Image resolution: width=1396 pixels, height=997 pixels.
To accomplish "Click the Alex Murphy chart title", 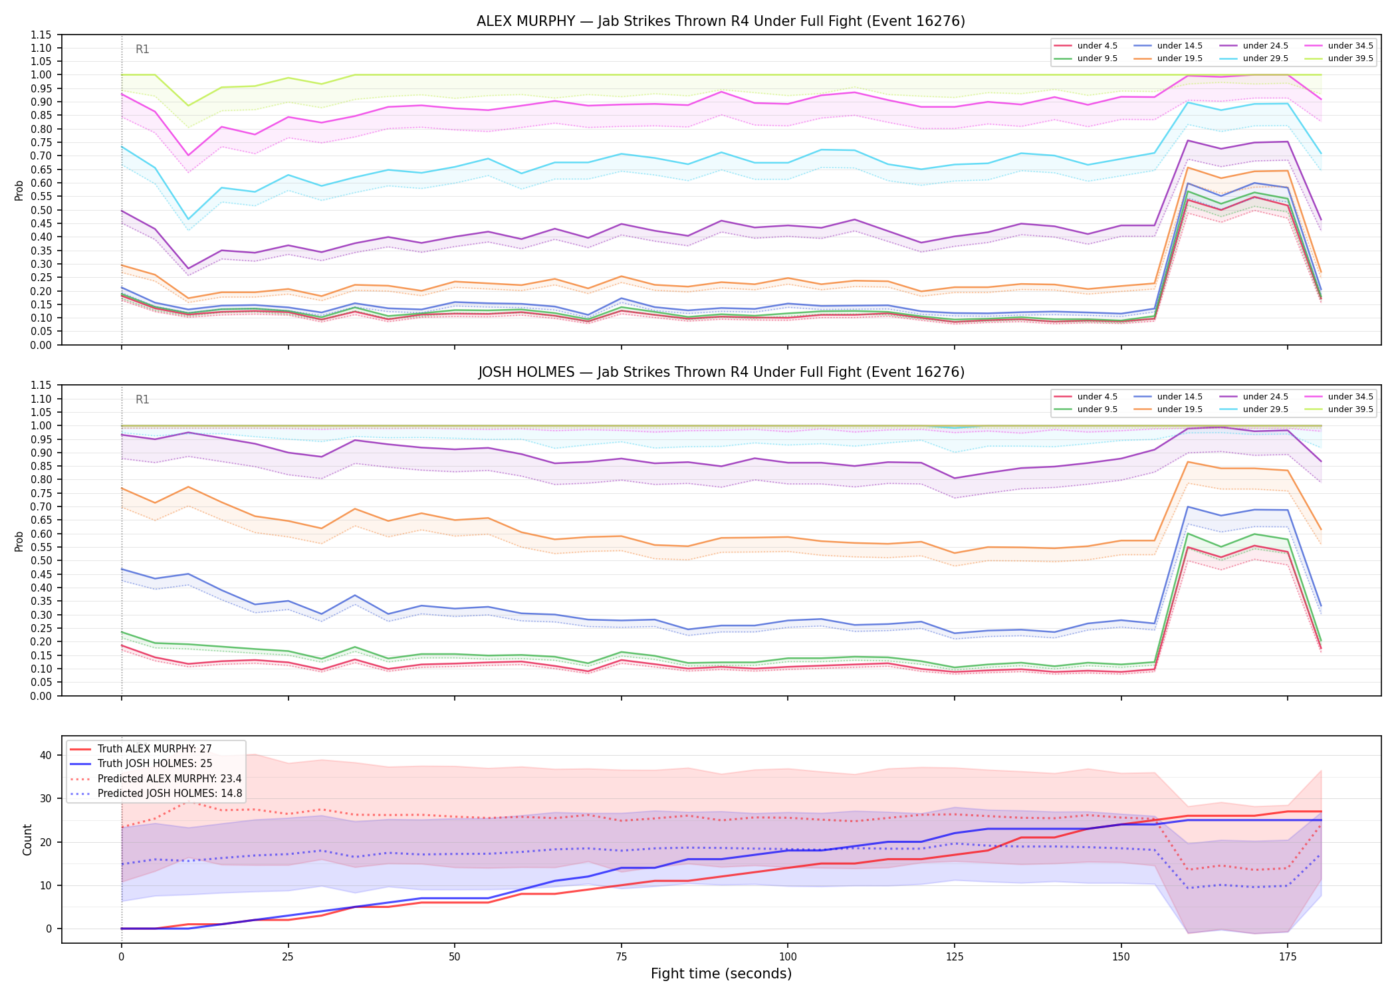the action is tap(721, 21).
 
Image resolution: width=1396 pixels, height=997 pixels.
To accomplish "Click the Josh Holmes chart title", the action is tap(721, 372).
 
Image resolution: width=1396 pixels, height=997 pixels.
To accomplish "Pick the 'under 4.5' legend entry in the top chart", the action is tap(1086, 46).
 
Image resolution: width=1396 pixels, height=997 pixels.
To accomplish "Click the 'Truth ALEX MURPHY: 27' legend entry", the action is tap(141, 749).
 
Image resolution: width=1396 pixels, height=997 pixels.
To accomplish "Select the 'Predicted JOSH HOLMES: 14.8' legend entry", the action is tap(156, 794).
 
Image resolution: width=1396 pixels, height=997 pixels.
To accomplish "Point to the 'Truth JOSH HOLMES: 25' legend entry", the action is tap(141, 764).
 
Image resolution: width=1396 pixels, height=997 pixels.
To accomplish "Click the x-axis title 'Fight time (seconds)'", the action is tap(721, 974).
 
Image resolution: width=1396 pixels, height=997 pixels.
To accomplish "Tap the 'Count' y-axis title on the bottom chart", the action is tap(27, 839).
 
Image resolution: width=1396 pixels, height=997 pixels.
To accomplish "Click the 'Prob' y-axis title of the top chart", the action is tap(19, 190).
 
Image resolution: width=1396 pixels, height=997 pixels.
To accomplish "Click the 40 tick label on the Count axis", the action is tap(46, 755).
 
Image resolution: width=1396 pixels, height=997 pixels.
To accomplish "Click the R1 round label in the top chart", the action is tap(142, 49).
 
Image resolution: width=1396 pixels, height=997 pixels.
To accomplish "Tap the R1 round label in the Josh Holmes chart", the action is tap(142, 399).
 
